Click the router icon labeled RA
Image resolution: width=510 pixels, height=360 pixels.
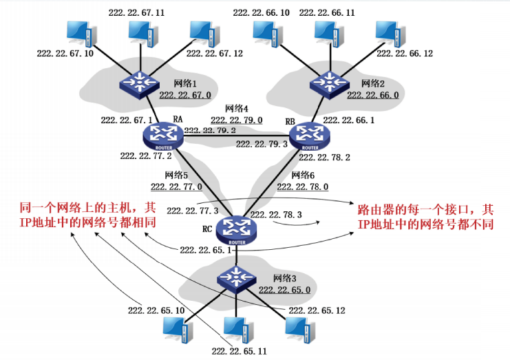tap(162, 135)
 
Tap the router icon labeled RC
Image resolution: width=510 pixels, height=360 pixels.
tap(236, 228)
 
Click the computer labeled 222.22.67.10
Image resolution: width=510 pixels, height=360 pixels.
tap(78, 32)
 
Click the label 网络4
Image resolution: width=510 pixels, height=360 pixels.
tap(237, 109)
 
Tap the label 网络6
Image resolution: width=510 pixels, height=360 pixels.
tap(304, 175)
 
